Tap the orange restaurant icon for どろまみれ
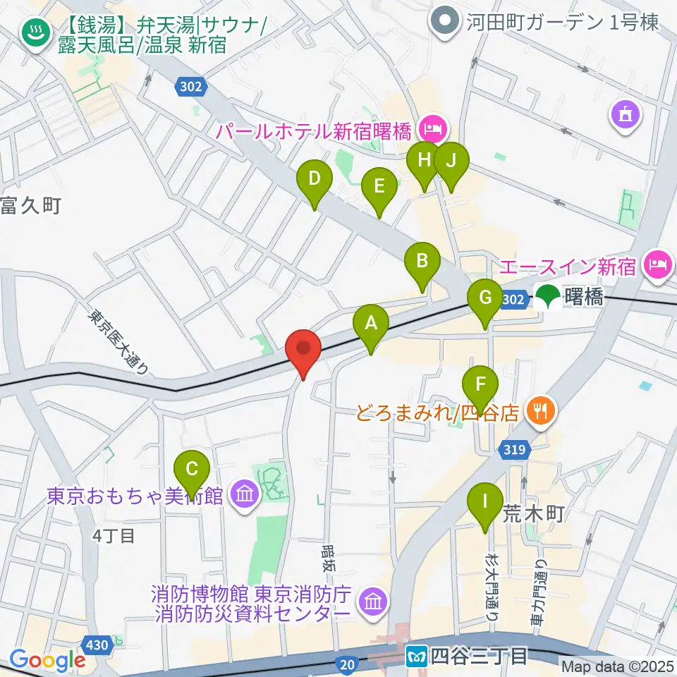(541, 410)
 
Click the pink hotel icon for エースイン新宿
(658, 267)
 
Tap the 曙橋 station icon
(548, 298)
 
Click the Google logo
(47, 660)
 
